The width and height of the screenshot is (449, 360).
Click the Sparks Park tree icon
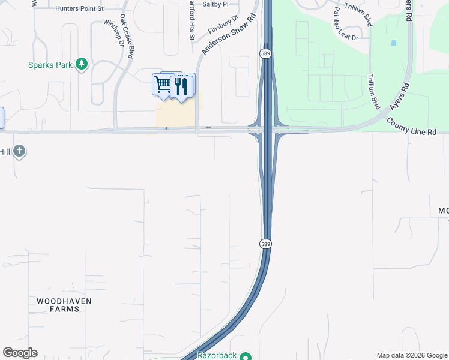82,64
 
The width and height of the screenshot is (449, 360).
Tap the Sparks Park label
50,65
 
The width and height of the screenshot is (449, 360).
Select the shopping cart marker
162,85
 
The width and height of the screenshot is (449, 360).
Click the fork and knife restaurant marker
181,87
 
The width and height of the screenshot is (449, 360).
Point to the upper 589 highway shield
265,54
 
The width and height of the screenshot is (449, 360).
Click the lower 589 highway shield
265,244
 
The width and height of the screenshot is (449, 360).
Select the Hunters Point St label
79,9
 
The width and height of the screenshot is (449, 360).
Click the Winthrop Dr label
113,32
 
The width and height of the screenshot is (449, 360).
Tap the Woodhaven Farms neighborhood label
58,304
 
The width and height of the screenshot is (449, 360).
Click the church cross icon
19,151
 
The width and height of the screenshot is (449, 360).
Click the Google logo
20,353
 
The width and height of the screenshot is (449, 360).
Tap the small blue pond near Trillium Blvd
393,43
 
